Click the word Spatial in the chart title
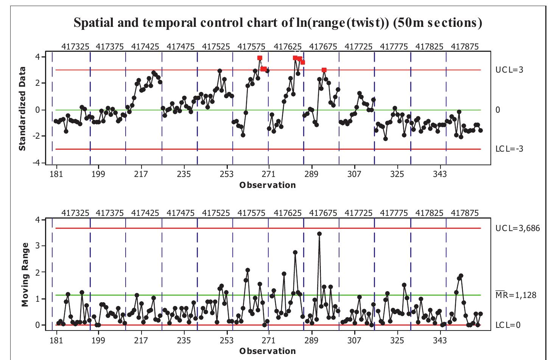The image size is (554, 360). tap(93, 23)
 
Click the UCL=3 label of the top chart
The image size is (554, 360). tap(509, 70)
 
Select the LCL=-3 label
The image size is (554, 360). tap(509, 149)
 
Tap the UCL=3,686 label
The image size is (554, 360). tap(518, 228)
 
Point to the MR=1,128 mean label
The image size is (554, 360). tap(516, 295)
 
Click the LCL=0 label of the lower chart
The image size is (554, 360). tap(508, 325)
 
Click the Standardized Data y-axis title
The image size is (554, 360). tap(22, 109)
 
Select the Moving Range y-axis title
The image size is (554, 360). tap(25, 275)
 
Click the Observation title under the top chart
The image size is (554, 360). tap(268, 185)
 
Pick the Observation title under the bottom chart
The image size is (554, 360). tap(268, 351)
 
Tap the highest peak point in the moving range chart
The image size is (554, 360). tap(319, 234)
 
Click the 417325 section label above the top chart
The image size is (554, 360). tap(75, 47)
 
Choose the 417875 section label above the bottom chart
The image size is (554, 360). tap(465, 213)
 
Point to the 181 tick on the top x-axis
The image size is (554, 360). tap(56, 174)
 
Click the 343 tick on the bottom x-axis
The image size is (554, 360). tap(440, 340)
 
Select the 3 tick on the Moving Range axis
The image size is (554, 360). tap(37, 246)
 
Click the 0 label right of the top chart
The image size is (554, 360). tap(498, 110)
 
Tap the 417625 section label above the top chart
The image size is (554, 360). tap(288, 47)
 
